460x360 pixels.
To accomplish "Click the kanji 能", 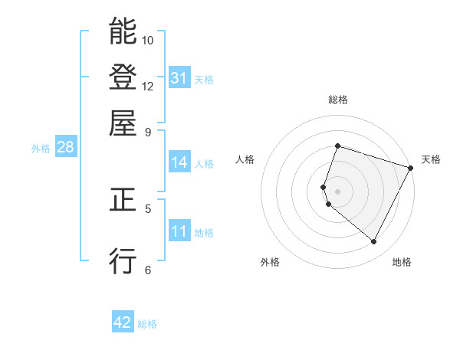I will pyautogui.click(x=123, y=32).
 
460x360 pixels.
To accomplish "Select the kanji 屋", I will pyautogui.click(x=123, y=123).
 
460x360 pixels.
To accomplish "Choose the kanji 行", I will pyautogui.click(x=123, y=260).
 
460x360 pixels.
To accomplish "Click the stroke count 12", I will pyautogui.click(x=148, y=86).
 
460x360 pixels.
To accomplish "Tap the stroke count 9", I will pyautogui.click(x=147, y=131).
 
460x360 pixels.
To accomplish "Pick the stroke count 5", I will pyautogui.click(x=147, y=208).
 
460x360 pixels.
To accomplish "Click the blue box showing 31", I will pyautogui.click(x=179, y=78).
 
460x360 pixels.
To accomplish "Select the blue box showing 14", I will pyautogui.click(x=179, y=162).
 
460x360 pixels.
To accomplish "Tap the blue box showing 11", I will pyautogui.click(x=179, y=232).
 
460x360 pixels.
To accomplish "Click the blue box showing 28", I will pyautogui.click(x=65, y=148).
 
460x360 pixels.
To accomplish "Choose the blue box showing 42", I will pyautogui.click(x=123, y=322).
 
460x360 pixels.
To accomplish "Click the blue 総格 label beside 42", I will pyautogui.click(x=147, y=324).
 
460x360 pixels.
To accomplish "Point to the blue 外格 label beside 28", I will pyautogui.click(x=40, y=149).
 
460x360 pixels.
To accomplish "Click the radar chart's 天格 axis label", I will pyautogui.click(x=431, y=159).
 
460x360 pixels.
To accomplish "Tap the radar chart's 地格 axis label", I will pyautogui.click(x=402, y=262).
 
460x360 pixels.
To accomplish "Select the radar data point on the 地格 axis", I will pyautogui.click(x=373, y=242).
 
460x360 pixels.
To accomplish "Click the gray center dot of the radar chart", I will pyautogui.click(x=337, y=191).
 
